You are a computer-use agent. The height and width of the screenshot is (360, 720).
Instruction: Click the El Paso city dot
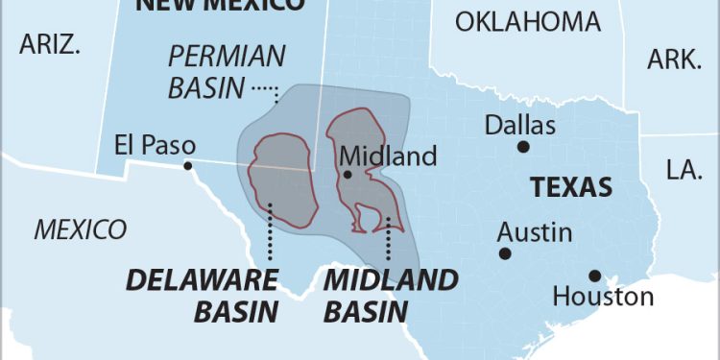pos(188,166)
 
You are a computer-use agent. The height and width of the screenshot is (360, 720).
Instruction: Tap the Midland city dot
pos(348,175)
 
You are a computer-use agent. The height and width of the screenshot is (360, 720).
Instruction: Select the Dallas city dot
pos(523,147)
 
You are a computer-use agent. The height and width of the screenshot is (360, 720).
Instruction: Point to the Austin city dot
pos(504,253)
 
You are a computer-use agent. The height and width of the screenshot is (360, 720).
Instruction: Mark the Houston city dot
pos(595,275)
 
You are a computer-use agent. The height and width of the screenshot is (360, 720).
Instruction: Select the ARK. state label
pos(674,60)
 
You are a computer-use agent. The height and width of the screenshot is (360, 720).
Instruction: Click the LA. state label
pos(684,169)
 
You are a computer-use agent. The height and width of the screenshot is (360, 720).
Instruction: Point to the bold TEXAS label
pos(571,187)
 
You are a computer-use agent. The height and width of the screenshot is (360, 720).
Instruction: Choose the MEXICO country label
pos(81,229)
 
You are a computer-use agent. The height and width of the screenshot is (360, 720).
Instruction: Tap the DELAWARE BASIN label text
pos(203,295)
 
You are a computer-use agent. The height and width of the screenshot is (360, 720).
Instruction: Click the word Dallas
pos(519,125)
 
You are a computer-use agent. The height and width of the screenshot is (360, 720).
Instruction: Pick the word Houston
pos(603,297)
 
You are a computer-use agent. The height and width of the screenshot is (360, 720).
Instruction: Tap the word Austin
pos(535,232)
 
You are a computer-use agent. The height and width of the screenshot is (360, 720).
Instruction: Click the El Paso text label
pos(155,145)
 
